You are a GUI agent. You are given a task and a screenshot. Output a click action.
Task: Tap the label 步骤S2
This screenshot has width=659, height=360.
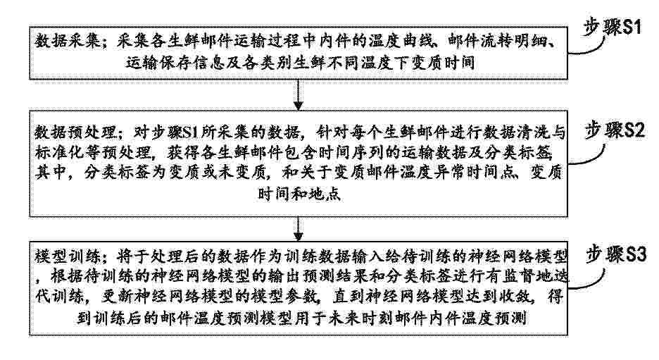point(615,130)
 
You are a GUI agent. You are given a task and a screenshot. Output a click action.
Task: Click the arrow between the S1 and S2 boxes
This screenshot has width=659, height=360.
point(298,95)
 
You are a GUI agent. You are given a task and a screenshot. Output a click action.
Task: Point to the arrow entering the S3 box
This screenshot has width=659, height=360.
point(298,229)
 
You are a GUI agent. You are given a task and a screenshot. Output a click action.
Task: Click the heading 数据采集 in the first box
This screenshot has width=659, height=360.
point(68,42)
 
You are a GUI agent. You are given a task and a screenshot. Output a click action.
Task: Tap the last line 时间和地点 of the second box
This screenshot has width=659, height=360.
point(299,194)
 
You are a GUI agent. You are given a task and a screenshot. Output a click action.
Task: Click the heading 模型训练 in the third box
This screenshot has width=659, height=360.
point(68,256)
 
